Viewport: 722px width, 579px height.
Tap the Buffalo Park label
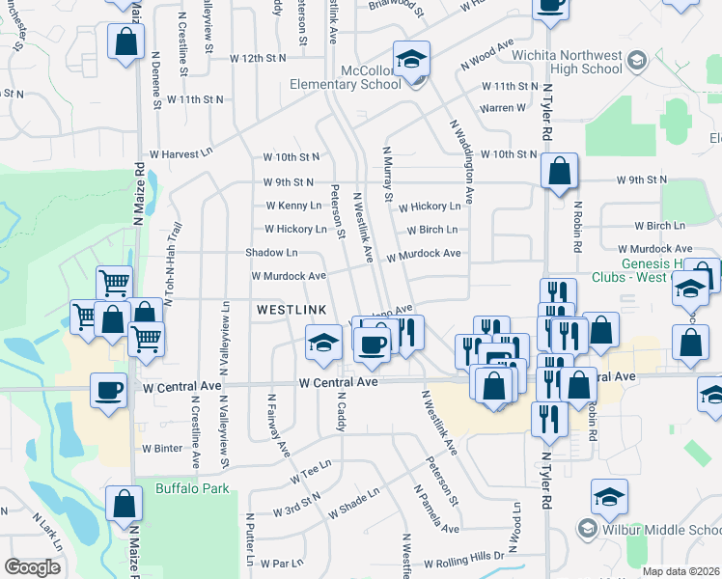click(x=193, y=489)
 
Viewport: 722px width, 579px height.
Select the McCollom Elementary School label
click(x=346, y=84)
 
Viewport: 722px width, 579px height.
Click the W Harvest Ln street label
click(x=178, y=153)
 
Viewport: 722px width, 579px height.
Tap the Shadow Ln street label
click(x=271, y=253)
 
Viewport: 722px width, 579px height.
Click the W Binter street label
click(x=161, y=448)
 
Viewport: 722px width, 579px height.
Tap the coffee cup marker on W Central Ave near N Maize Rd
click(x=109, y=391)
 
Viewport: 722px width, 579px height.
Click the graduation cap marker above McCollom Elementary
click(x=411, y=60)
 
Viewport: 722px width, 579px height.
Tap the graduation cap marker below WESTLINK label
click(x=324, y=342)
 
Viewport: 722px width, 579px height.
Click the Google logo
click(x=32, y=567)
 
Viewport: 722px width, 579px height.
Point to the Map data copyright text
click(x=680, y=571)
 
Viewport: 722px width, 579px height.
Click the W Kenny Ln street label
click(x=293, y=206)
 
